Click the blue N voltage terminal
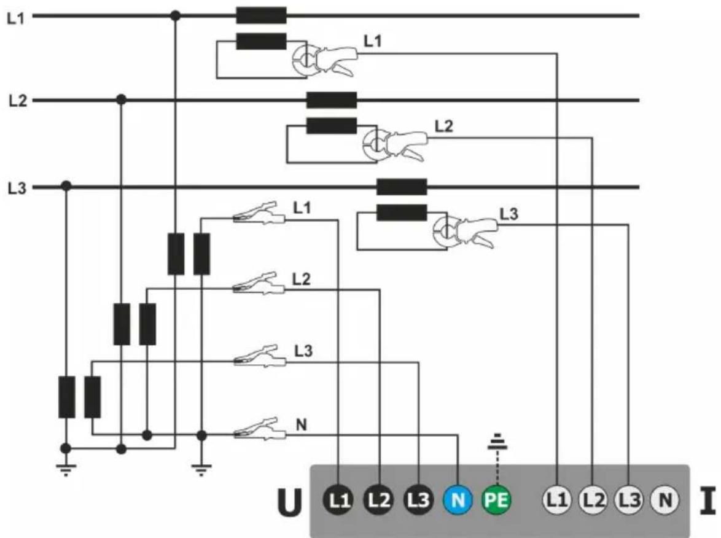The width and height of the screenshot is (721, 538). click(x=458, y=499)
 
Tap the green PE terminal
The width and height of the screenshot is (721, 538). click(x=497, y=499)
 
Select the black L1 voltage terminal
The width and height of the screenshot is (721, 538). click(x=338, y=499)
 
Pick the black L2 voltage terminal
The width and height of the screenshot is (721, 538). click(x=379, y=499)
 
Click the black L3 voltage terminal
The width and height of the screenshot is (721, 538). click(x=418, y=499)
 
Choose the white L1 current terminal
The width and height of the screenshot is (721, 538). click(x=557, y=499)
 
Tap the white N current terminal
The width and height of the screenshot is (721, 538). click(x=665, y=499)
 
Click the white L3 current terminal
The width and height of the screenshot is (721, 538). click(x=629, y=499)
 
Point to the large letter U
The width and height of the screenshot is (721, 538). click(x=290, y=502)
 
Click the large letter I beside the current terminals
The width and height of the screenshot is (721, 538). click(x=708, y=501)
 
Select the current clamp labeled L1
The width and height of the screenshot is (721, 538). click(x=325, y=59)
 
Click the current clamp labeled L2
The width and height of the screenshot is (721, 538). click(x=395, y=144)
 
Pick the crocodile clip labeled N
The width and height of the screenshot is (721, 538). click(x=260, y=429)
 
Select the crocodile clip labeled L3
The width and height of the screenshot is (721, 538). click(x=260, y=356)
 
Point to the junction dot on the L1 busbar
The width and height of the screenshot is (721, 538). click(x=175, y=15)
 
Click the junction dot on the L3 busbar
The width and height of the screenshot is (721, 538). click(x=66, y=186)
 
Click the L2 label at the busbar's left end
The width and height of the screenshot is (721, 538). click(x=18, y=100)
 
